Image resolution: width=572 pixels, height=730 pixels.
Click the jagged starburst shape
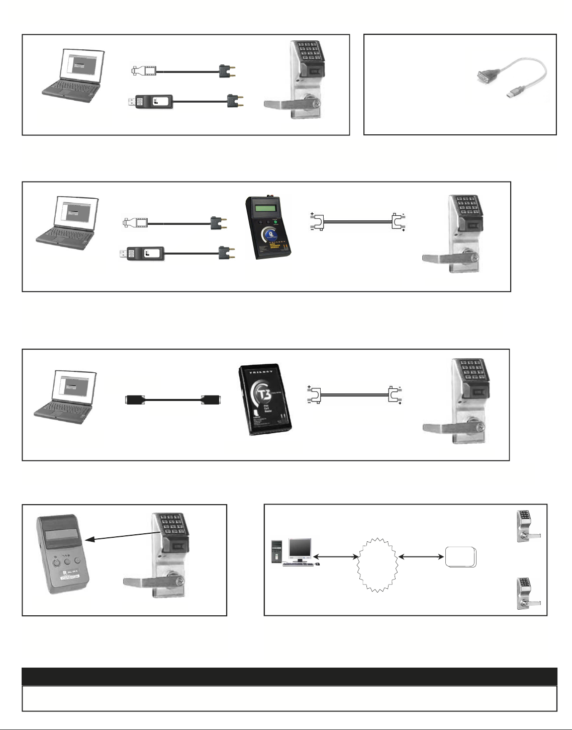point(377,563)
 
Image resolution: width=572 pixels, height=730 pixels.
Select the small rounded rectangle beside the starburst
point(460,557)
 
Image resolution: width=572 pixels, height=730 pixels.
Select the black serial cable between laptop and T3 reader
point(173,400)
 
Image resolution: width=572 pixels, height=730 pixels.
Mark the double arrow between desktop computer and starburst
point(335,557)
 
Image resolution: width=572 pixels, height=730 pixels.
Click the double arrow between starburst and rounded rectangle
point(420,557)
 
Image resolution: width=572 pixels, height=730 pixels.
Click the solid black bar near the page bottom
point(290,676)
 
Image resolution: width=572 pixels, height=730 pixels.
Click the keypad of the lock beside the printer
point(171,526)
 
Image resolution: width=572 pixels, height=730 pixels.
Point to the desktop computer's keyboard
point(299,564)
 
